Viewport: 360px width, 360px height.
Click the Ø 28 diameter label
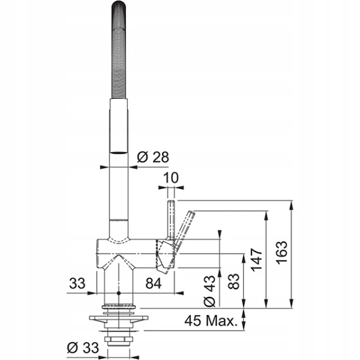[x=153, y=157]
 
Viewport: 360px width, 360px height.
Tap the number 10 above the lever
[x=171, y=178]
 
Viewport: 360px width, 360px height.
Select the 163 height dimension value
[x=282, y=253]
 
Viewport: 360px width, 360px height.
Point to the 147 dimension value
[x=257, y=259]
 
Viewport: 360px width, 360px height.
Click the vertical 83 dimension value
[x=234, y=281]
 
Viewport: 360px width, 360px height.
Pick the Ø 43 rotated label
[x=210, y=291]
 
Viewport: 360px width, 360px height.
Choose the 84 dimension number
[x=154, y=283]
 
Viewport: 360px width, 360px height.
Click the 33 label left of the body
[x=77, y=283]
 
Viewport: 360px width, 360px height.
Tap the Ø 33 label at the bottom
[x=83, y=347]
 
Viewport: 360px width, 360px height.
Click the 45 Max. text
[x=211, y=320]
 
